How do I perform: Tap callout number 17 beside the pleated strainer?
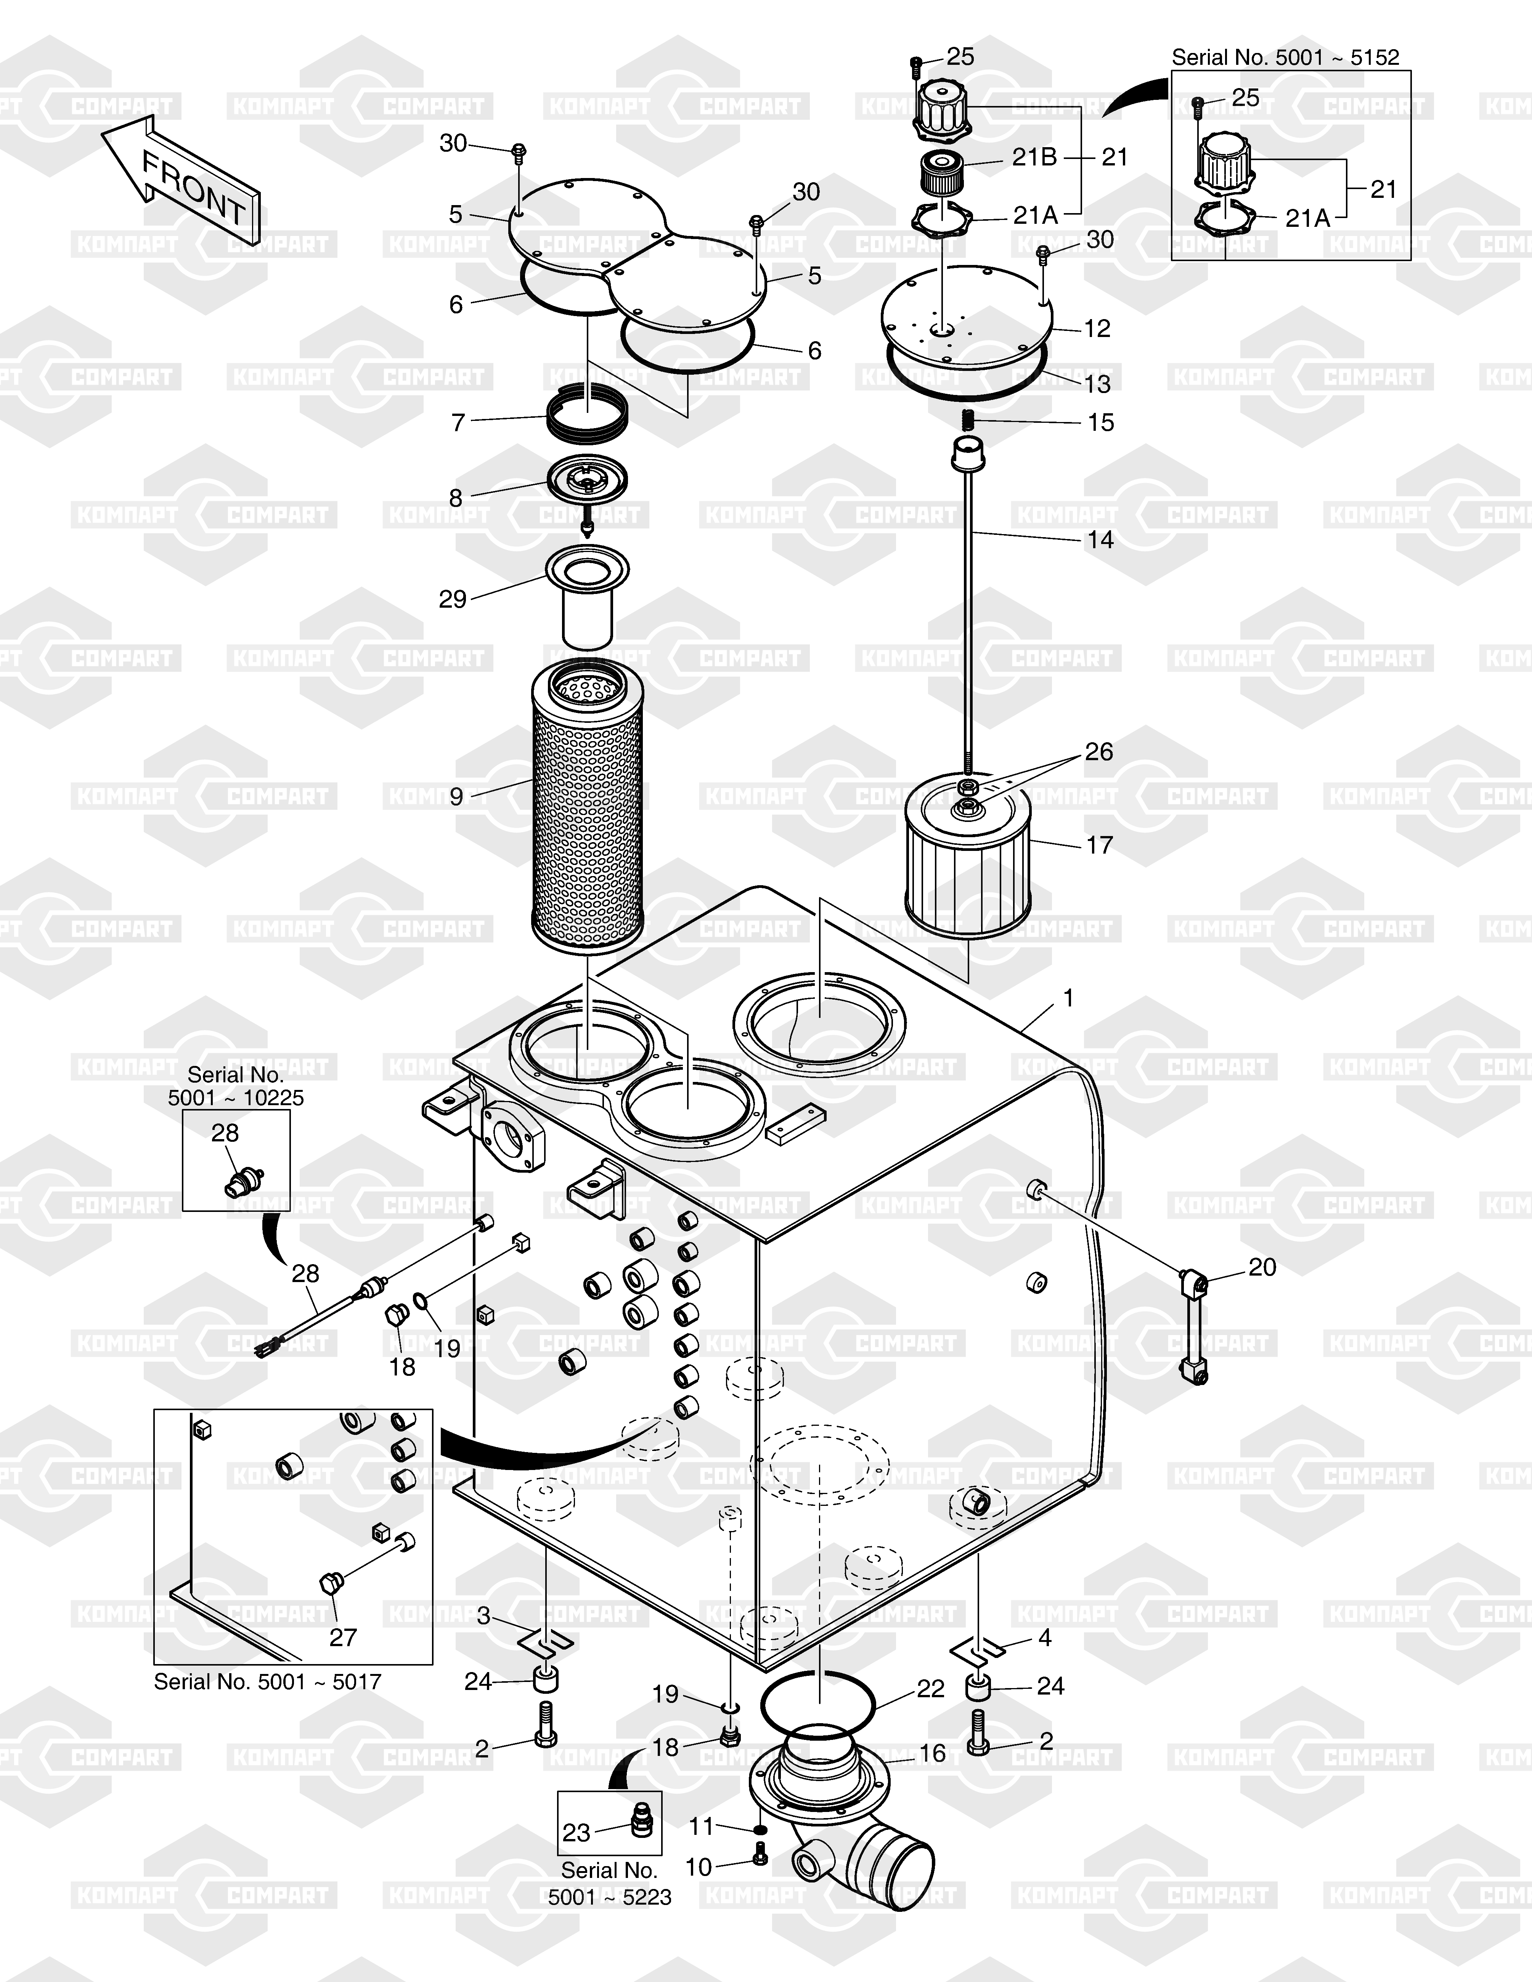(1099, 845)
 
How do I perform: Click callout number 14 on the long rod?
(1100, 539)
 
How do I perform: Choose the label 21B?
(1035, 157)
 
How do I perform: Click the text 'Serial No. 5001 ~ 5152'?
(1285, 57)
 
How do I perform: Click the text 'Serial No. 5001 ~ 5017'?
(268, 1682)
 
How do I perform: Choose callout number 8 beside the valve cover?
(456, 498)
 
